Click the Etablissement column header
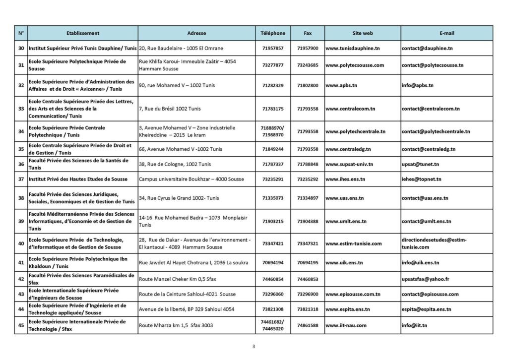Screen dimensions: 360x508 pyautogui.click(x=82, y=33)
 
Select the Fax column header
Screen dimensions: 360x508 pyautogui.click(x=308, y=33)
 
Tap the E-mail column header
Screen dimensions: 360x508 pyautogui.click(x=446, y=33)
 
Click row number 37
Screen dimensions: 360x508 pyautogui.click(x=21, y=179)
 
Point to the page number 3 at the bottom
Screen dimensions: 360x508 pyautogui.click(x=254, y=347)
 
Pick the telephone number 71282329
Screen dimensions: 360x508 pyautogui.click(x=273, y=85)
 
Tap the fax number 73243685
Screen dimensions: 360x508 pyautogui.click(x=308, y=65)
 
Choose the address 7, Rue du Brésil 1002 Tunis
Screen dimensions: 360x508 pyautogui.click(x=170, y=109)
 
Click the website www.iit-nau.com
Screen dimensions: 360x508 pyautogui.click(x=346, y=325)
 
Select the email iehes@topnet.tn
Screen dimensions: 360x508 pyautogui.click(x=421, y=179)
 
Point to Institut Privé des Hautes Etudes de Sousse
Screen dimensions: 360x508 pyautogui.click(x=78, y=179)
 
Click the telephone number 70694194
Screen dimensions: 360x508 pyautogui.click(x=273, y=262)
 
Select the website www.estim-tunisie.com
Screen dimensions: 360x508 pyautogui.click(x=353, y=243)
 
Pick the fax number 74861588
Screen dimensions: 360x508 pyautogui.click(x=308, y=325)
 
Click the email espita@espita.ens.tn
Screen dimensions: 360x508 pyautogui.click(x=426, y=309)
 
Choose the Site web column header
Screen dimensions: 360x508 pyautogui.click(x=362, y=33)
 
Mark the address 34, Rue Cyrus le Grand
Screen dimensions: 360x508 pyautogui.click(x=179, y=198)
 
